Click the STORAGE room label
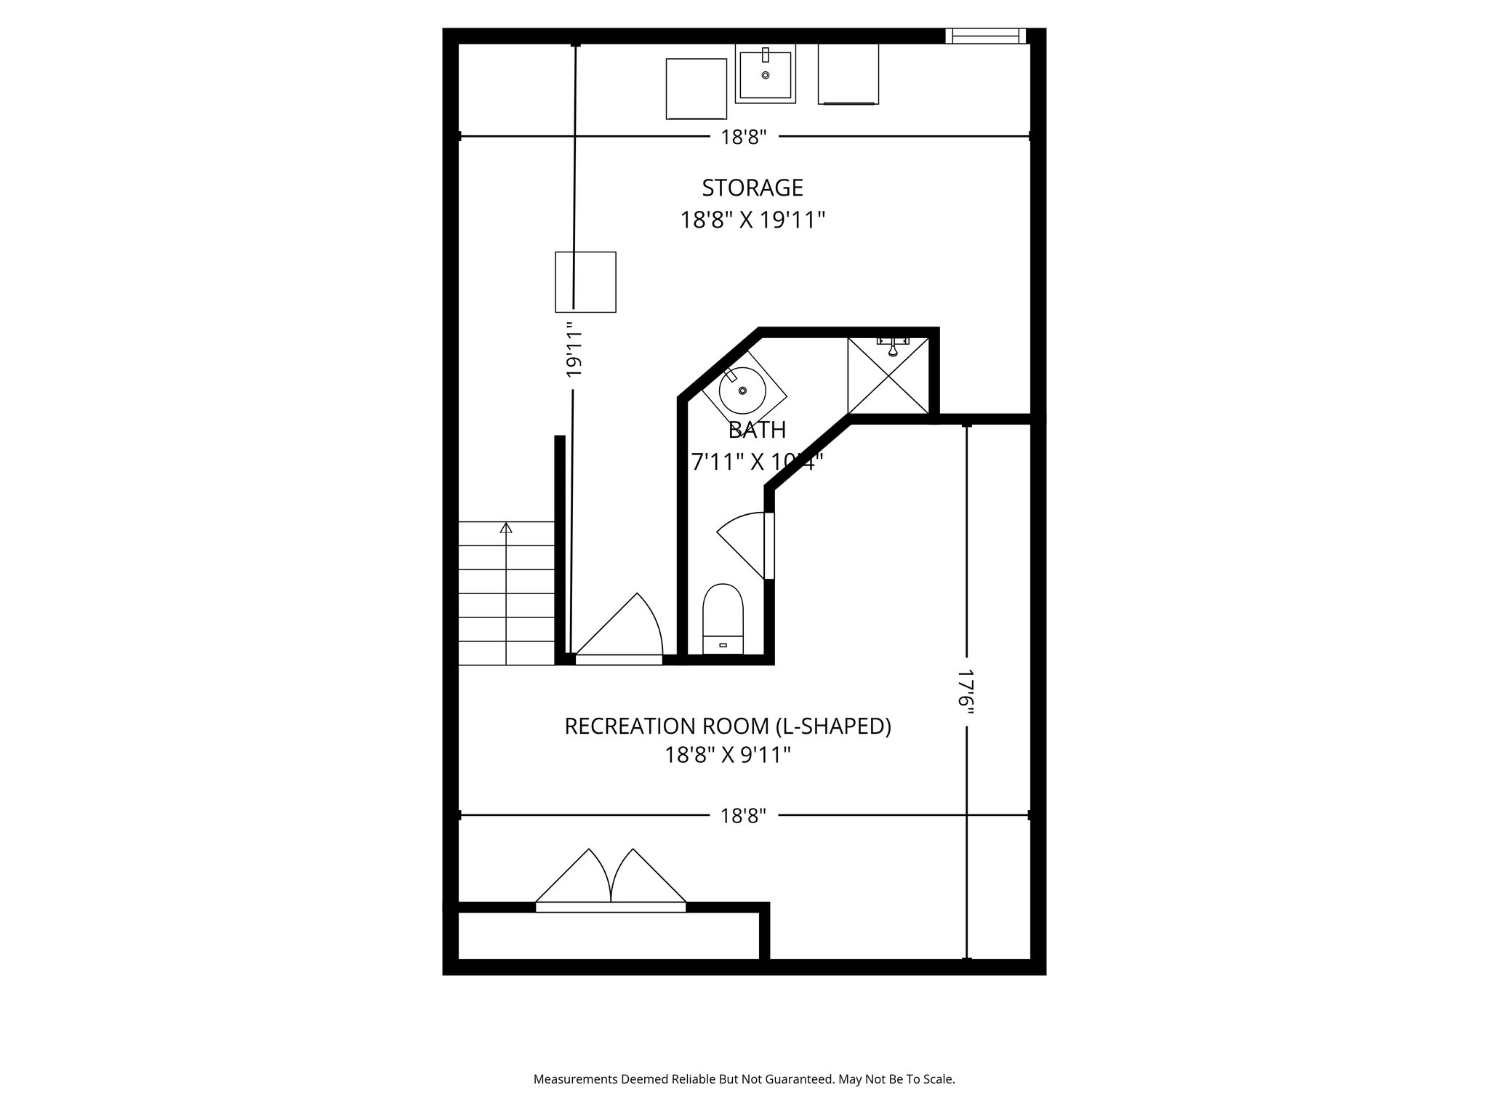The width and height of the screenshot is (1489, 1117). [x=752, y=188]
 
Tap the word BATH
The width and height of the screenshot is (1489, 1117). [x=757, y=430]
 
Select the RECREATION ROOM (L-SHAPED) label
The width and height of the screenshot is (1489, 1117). [x=728, y=726]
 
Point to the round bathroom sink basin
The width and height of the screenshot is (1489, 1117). [x=742, y=391]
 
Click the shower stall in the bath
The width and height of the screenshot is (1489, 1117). [x=888, y=376]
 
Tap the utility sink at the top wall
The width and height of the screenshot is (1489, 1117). [x=765, y=74]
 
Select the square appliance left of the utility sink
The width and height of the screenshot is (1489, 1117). [x=697, y=89]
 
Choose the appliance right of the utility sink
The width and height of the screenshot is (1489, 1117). [x=848, y=74]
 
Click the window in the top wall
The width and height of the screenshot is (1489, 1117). [x=986, y=36]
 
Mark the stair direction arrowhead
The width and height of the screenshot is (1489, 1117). [x=506, y=527]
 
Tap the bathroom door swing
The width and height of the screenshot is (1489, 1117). [x=743, y=542]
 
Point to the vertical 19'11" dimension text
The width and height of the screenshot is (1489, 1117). [x=574, y=351]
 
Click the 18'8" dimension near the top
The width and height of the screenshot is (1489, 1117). [x=744, y=137]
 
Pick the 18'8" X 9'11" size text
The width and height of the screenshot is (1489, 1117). [x=728, y=756]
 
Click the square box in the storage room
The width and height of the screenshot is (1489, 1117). [x=586, y=282]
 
